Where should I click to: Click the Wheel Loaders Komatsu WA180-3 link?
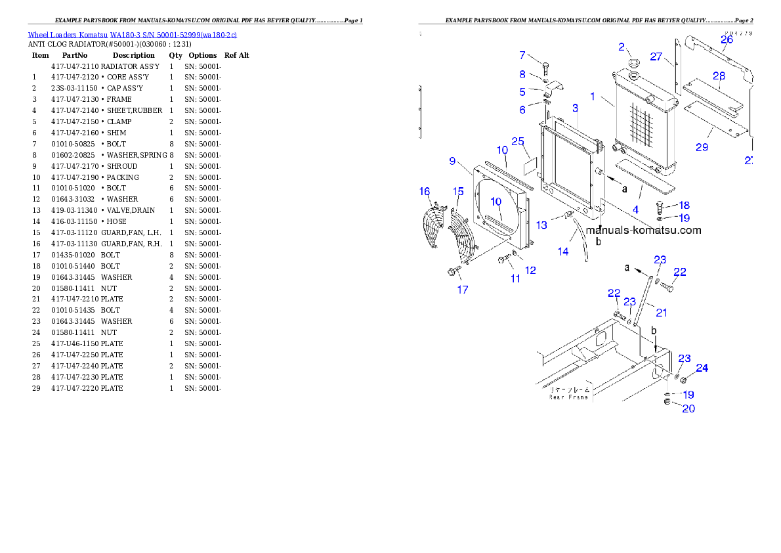tap(132, 35)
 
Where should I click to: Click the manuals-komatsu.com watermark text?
tap(643, 231)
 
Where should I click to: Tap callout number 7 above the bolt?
tap(522, 55)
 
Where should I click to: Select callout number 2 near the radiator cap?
tap(622, 47)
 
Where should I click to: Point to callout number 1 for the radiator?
tap(593, 97)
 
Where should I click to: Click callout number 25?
tap(518, 142)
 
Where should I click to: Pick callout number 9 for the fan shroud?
tap(452, 161)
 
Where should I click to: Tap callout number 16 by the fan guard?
tap(425, 192)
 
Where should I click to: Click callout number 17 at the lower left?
tap(463, 289)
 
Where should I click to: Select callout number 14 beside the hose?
tap(563, 252)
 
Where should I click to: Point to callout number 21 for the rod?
tap(662, 313)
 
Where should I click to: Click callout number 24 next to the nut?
tap(702, 368)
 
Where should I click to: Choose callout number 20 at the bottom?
tap(688, 409)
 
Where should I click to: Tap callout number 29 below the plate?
tap(702, 147)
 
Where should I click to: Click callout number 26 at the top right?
tap(727, 40)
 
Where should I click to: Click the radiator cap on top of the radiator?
tap(634, 63)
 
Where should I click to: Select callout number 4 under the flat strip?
tap(635, 210)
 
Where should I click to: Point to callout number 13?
tap(541, 225)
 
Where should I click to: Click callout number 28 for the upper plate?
tap(719, 76)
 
